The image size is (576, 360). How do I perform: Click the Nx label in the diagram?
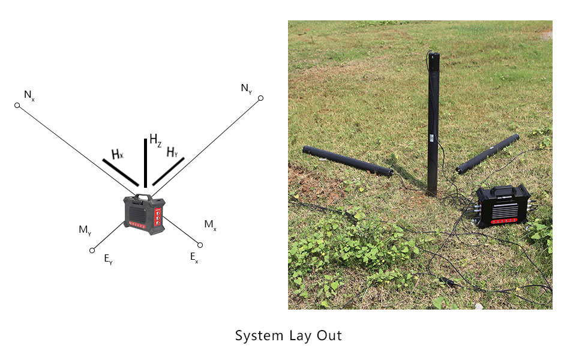(x=29, y=95)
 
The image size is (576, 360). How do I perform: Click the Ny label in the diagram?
(x=246, y=89)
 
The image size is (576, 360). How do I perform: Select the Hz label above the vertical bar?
(x=155, y=141)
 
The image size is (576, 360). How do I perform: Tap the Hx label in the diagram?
(x=117, y=154)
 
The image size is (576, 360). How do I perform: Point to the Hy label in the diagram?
(x=172, y=152)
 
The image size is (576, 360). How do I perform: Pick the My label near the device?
(x=85, y=230)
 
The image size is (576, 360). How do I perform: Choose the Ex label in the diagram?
(x=194, y=257)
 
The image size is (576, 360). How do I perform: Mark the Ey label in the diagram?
(x=108, y=259)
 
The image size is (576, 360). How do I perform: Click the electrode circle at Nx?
(x=17, y=106)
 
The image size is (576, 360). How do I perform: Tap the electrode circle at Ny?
(x=260, y=98)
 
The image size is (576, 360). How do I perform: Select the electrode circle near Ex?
(x=200, y=245)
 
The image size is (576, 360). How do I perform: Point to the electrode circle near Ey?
(x=92, y=250)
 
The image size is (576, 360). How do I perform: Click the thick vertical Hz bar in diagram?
(x=145, y=163)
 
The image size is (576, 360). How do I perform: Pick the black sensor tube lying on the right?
(x=487, y=154)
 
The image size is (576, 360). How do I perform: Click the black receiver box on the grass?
(x=503, y=206)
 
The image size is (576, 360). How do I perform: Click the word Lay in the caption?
(x=289, y=335)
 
